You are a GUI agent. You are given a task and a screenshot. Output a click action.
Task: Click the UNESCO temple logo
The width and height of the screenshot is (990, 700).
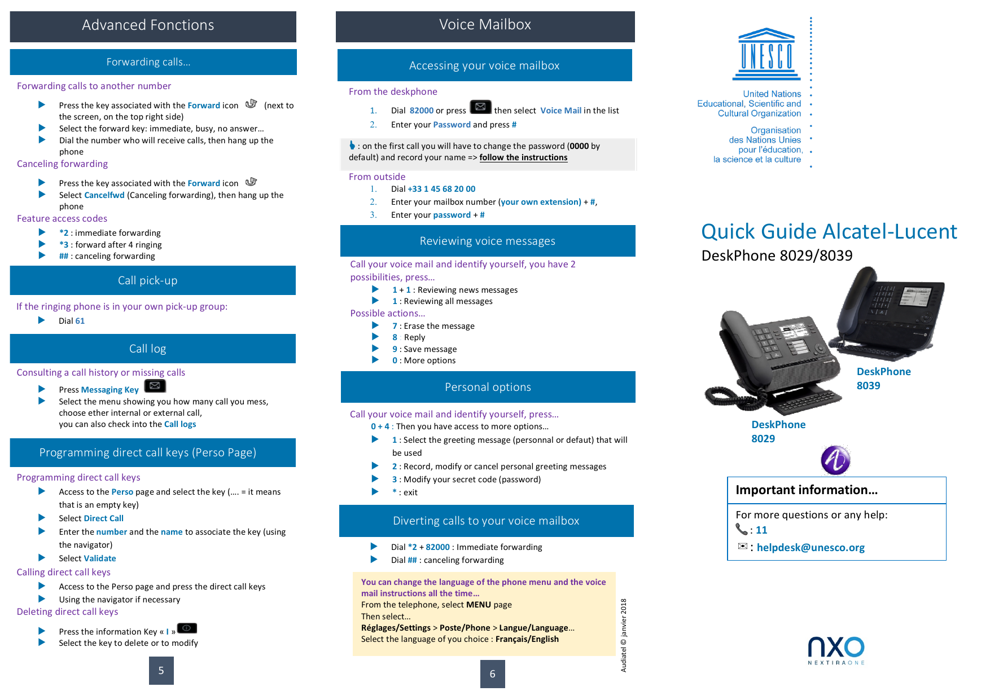pyautogui.click(x=766, y=54)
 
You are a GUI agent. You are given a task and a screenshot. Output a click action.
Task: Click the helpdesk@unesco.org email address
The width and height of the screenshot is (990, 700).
pyautogui.click(x=810, y=548)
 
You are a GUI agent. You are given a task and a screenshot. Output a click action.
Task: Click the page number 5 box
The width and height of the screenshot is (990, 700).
pyautogui.click(x=161, y=671)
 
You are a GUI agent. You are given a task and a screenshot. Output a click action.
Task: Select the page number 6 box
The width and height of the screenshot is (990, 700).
pyautogui.click(x=492, y=674)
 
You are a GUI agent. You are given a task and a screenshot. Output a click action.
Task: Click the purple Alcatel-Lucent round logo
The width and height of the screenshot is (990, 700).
pyautogui.click(x=835, y=460)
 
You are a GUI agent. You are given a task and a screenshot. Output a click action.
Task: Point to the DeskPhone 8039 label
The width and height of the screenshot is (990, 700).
pyautogui.click(x=883, y=378)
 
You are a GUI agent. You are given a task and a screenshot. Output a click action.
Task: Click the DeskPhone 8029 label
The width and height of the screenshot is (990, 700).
pyautogui.click(x=778, y=432)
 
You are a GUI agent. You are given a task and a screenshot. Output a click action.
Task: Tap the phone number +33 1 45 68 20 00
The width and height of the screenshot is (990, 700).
pyautogui.click(x=441, y=189)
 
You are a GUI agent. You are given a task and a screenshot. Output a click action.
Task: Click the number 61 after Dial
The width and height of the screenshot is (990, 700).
pyautogui.click(x=80, y=321)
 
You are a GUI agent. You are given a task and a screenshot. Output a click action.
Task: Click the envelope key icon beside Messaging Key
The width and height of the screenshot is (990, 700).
pyautogui.click(x=155, y=386)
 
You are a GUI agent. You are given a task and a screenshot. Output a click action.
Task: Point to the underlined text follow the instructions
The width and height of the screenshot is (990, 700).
pyautogui.click(x=523, y=157)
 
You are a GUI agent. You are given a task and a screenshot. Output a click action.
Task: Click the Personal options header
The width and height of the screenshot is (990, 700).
pyautogui.click(x=488, y=387)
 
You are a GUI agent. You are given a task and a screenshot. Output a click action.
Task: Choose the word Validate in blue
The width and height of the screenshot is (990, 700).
pyautogui.click(x=100, y=558)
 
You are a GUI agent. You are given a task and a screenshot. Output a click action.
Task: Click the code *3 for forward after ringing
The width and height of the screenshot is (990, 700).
pyautogui.click(x=64, y=245)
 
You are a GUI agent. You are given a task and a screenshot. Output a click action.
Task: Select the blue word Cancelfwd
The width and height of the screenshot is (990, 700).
pyautogui.click(x=104, y=195)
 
